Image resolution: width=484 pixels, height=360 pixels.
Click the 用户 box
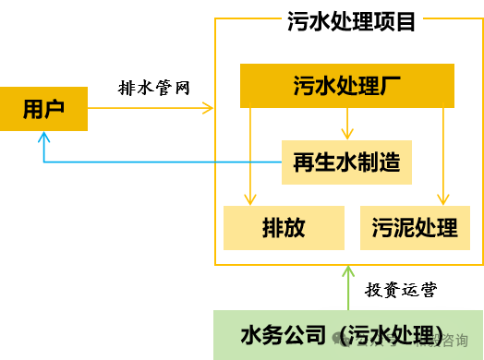click(43, 109)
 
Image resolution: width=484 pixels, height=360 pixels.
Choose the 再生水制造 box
click(346, 162)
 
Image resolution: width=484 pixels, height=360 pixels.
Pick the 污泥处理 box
click(415, 227)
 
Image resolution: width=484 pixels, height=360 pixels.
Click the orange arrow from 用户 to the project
click(152, 109)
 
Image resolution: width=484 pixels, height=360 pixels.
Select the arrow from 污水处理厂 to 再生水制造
click(347, 124)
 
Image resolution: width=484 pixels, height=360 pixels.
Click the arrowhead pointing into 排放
click(248, 198)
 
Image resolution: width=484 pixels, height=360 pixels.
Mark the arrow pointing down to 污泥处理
click(443, 157)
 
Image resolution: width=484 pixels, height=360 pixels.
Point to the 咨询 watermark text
click(453, 340)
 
